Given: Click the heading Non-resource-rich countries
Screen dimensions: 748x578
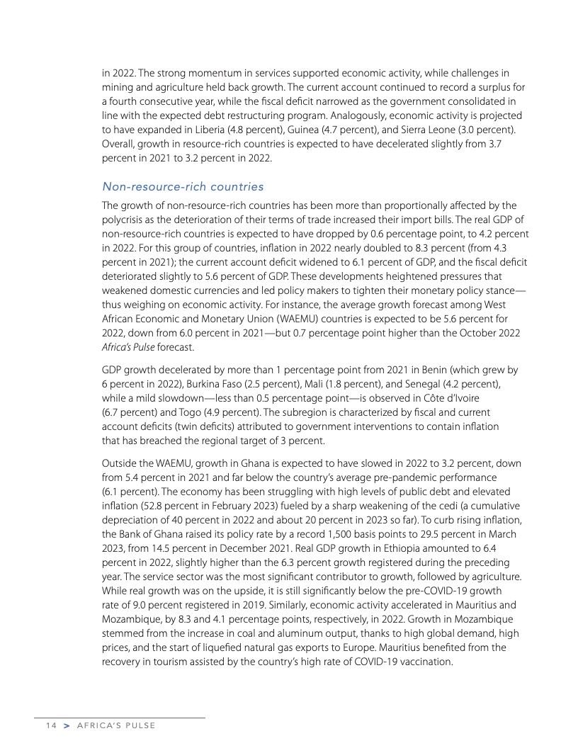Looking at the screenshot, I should [183, 186].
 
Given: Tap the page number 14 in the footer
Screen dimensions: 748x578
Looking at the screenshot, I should [50, 725].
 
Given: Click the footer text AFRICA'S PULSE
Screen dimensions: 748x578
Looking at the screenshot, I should [117, 725].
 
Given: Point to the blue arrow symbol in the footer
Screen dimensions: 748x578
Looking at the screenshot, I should [67, 725].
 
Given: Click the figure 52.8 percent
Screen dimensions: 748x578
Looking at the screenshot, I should [171, 506].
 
